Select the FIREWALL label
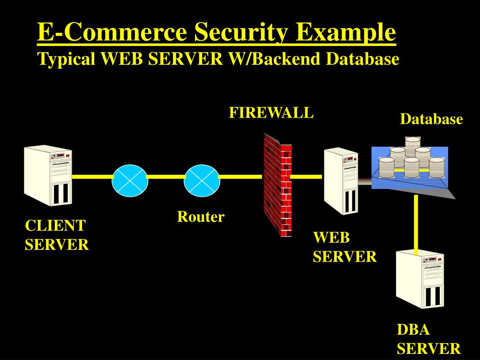(x=271, y=113)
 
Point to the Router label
(x=201, y=217)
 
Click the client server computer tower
(x=48, y=175)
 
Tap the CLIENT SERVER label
(x=56, y=235)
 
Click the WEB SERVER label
(x=345, y=247)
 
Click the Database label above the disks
(x=431, y=120)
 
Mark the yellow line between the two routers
(x=166, y=177)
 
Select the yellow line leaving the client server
(x=92, y=177)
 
